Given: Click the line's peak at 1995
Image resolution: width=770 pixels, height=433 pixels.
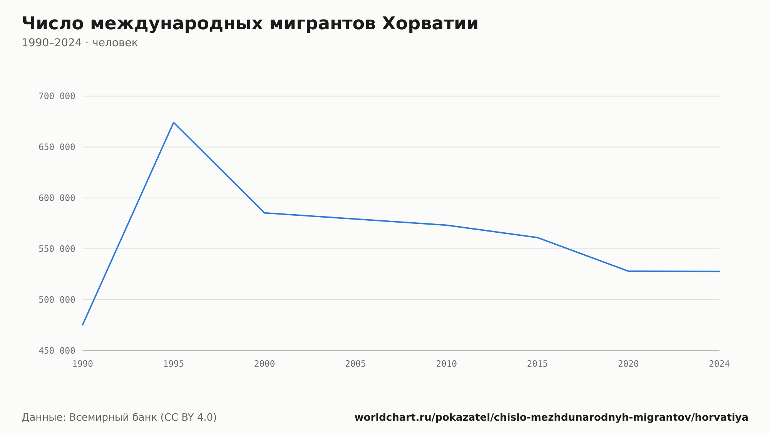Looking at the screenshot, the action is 174,123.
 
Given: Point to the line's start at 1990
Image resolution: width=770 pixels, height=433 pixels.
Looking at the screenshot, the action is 83,325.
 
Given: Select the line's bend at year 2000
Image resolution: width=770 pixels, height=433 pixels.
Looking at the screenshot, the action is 264,213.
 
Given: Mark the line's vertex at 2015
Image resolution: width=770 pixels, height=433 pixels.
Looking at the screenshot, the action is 537,237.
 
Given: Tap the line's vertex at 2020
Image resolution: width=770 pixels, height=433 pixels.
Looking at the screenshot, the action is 628,271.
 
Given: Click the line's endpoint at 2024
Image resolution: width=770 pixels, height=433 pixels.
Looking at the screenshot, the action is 719,271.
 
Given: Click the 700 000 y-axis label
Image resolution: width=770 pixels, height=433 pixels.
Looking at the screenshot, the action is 57,96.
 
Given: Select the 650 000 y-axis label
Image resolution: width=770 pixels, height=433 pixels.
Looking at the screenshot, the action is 57,147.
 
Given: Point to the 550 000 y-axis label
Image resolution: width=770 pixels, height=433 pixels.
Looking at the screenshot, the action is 57,249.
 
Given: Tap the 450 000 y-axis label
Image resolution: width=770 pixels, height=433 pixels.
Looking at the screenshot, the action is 57,351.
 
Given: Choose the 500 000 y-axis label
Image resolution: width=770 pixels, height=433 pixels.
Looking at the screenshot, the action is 57,300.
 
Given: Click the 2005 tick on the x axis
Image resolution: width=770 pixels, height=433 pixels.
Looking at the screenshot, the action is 355,364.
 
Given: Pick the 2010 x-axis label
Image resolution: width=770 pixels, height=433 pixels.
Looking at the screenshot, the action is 447,364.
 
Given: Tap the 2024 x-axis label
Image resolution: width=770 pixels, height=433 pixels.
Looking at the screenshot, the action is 719,364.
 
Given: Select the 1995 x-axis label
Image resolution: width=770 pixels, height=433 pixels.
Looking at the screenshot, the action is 174,364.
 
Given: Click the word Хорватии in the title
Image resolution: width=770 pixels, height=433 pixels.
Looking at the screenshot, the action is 430,23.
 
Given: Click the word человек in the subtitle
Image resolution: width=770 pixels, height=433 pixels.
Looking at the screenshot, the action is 115,43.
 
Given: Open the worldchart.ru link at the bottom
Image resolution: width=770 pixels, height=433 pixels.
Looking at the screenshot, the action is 551,417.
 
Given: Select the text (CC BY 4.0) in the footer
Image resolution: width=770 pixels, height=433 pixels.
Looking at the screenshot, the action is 188,417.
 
